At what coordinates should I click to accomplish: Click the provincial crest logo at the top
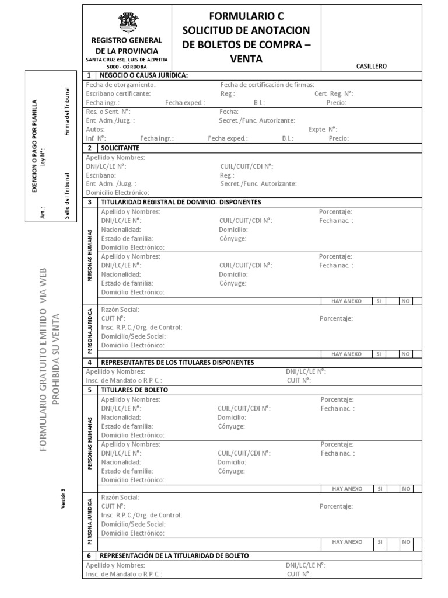pyautogui.click(x=125, y=23)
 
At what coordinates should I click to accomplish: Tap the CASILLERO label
pyautogui.click(x=372, y=67)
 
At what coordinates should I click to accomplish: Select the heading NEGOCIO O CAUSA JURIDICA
pyautogui.click(x=143, y=75)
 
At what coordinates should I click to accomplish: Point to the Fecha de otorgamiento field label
pyautogui.click(x=121, y=85)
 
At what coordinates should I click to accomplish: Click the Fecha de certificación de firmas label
pyautogui.click(x=267, y=85)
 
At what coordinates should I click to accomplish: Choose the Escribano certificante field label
pyautogui.click(x=118, y=93)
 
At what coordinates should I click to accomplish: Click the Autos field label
pyautogui.click(x=95, y=129)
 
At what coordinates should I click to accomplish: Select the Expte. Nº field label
pyautogui.click(x=324, y=129)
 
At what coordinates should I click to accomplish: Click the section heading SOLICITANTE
pyautogui.click(x=120, y=148)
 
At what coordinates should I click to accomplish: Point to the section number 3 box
pyautogui.click(x=89, y=202)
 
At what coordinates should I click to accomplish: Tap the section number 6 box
pyautogui.click(x=89, y=555)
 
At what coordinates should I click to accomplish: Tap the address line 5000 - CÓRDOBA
pyautogui.click(x=127, y=67)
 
